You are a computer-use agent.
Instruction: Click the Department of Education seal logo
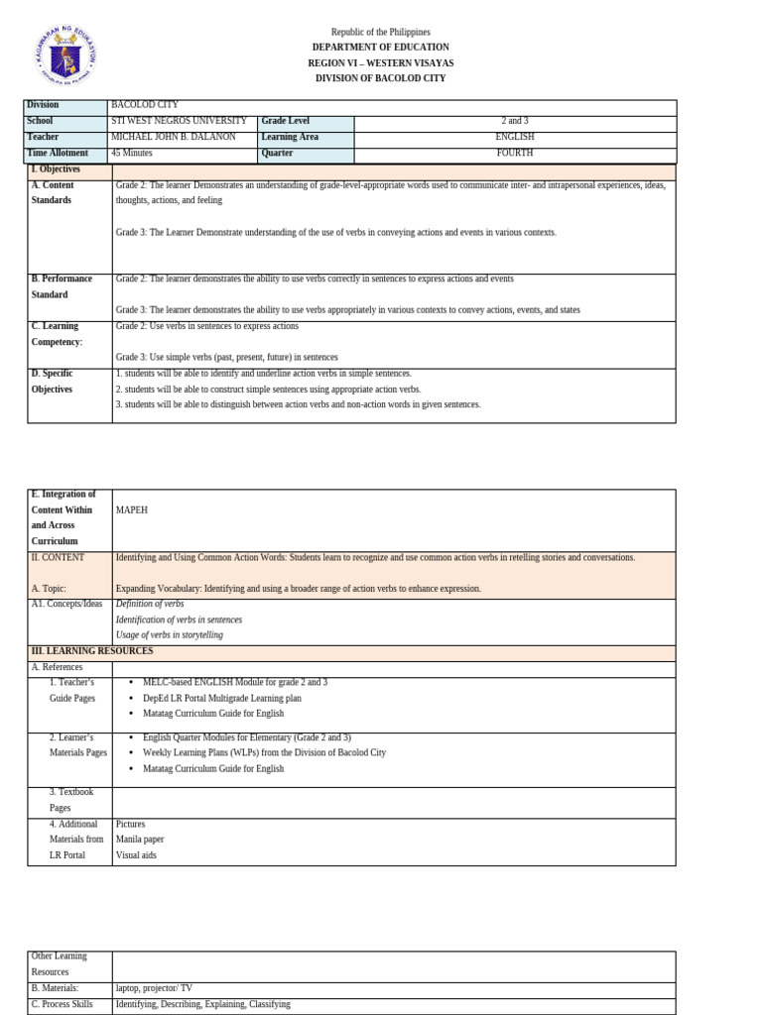pos(65,56)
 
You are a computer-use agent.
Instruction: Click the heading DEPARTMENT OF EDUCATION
pos(380,48)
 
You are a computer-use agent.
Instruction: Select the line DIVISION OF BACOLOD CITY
pos(380,78)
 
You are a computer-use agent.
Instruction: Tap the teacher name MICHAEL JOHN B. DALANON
pos(174,137)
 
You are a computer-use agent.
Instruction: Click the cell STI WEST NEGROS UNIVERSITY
pos(179,121)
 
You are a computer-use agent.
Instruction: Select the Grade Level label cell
pos(286,121)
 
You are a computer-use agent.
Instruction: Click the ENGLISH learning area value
pos(515,137)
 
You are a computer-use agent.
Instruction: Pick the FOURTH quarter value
pos(515,154)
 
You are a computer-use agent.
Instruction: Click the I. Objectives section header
pos(56,169)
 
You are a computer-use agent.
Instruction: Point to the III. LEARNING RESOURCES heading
pos(92,651)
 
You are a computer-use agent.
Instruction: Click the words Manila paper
pos(140,840)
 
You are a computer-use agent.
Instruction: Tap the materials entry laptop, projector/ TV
pos(154,988)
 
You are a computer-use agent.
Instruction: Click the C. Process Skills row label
pos(63,1004)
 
